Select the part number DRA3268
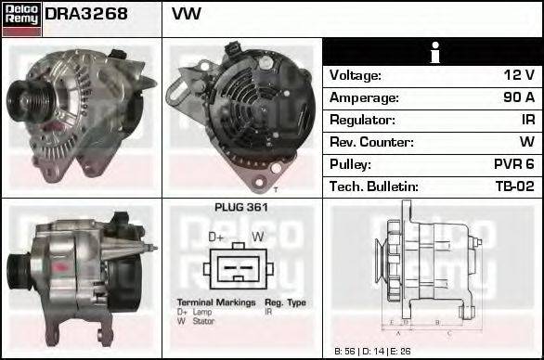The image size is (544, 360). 85,15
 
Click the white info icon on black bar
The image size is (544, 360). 433,52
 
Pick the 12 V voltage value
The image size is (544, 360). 518,75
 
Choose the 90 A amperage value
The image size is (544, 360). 518,97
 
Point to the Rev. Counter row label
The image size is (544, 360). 371,142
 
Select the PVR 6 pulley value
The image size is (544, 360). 516,164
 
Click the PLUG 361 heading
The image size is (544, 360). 241,208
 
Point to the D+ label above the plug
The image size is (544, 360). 216,237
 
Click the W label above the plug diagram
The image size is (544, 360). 258,237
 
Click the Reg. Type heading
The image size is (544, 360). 285,302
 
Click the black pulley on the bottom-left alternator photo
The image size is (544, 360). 18,270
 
